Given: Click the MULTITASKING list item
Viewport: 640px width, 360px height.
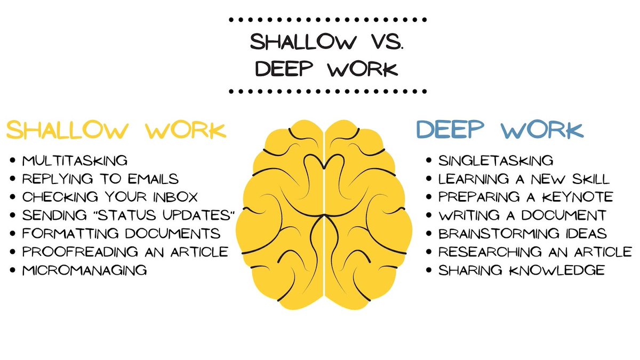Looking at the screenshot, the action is point(75,161).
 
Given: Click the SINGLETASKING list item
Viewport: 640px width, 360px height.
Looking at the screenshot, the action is point(495,161).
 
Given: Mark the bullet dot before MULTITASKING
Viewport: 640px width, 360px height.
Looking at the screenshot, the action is point(12,161).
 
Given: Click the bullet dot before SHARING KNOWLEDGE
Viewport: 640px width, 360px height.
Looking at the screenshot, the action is point(429,270).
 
